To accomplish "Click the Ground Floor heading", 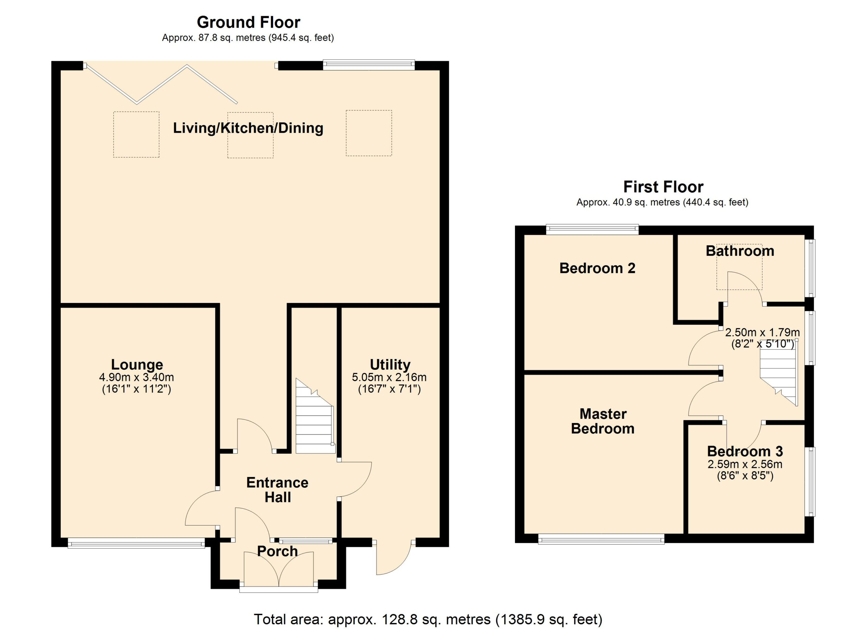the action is pyautogui.click(x=248, y=23).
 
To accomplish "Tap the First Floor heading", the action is pyautogui.click(x=663, y=187).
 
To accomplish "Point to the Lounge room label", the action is pyautogui.click(x=137, y=364).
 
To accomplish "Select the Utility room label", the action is pyautogui.click(x=390, y=364).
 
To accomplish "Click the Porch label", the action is pyautogui.click(x=277, y=551).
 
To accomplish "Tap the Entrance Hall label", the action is pyautogui.click(x=277, y=490).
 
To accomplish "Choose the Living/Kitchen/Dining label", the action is pyautogui.click(x=248, y=128).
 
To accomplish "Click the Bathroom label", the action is pyautogui.click(x=740, y=251).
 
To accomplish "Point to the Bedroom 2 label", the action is pyautogui.click(x=597, y=268).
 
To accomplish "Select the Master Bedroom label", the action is pyautogui.click(x=603, y=421).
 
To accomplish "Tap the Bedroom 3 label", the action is pyautogui.click(x=745, y=451).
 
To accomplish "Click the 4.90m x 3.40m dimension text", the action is pyautogui.click(x=136, y=377).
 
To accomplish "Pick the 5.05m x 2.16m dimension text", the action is pyautogui.click(x=389, y=377).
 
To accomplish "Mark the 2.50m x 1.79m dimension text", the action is pyautogui.click(x=762, y=332).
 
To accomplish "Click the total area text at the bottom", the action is pyautogui.click(x=428, y=619).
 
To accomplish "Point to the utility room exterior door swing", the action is pyautogui.click(x=394, y=559).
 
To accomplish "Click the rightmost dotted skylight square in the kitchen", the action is pyautogui.click(x=369, y=133).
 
